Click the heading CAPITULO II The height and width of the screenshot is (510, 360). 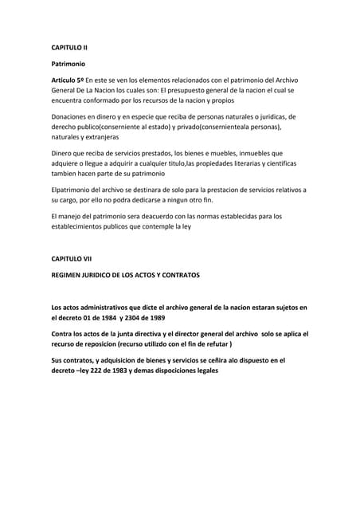click(69, 48)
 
